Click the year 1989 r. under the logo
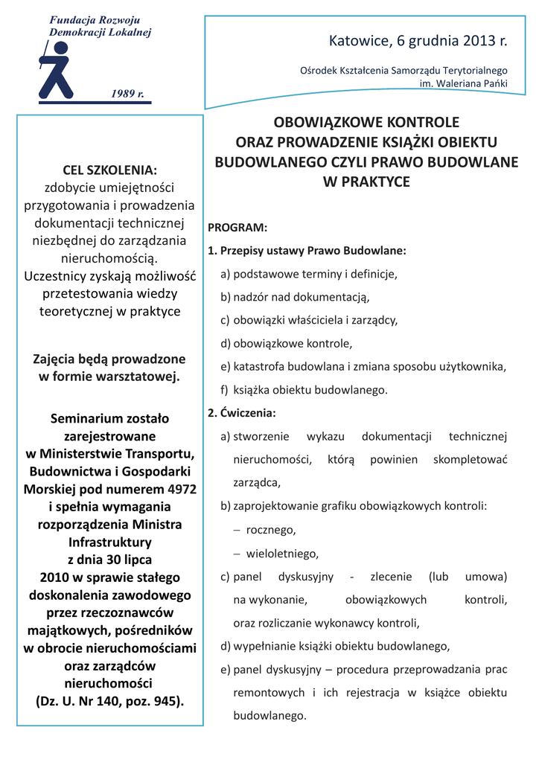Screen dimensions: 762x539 pyautogui.click(x=127, y=94)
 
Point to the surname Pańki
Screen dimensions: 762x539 pyautogui.click(x=493, y=83)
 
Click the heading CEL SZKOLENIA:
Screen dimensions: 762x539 pyautogui.click(x=109, y=170)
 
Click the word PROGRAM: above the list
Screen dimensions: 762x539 pyautogui.click(x=237, y=228)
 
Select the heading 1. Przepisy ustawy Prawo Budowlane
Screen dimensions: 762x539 pyautogui.click(x=307, y=251)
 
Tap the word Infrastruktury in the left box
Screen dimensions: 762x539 pyautogui.click(x=109, y=542)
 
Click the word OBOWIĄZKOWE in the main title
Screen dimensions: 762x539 pyautogui.click(x=322, y=122)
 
